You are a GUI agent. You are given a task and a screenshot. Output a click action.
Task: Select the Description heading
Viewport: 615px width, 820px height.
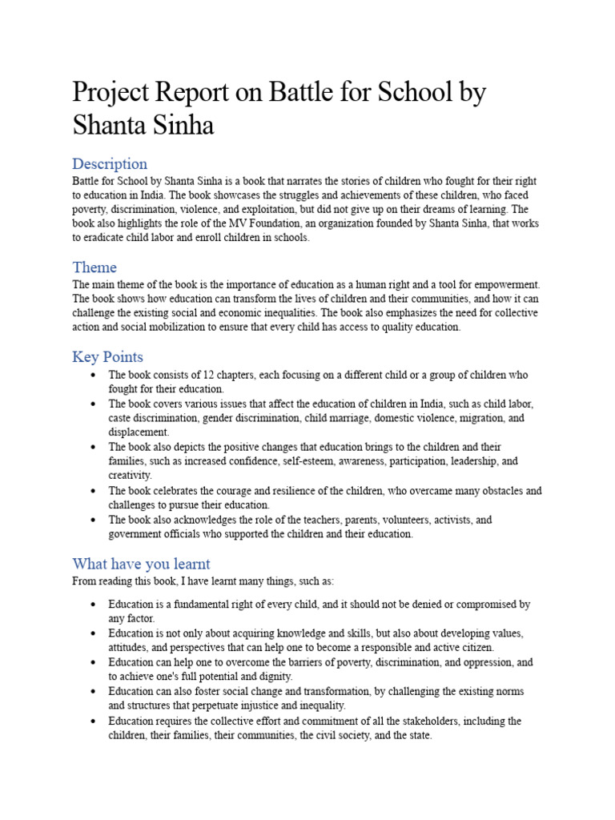point(110,164)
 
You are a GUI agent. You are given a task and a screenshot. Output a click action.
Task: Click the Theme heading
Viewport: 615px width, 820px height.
point(94,267)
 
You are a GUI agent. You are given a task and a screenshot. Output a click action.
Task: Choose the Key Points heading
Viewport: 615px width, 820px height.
point(108,356)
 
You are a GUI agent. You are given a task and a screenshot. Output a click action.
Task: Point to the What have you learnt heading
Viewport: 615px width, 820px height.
point(141,563)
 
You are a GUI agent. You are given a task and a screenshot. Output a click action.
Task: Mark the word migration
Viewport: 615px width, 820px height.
point(478,418)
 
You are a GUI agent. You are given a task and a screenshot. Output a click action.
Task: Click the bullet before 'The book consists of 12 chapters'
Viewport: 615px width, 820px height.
point(94,375)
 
